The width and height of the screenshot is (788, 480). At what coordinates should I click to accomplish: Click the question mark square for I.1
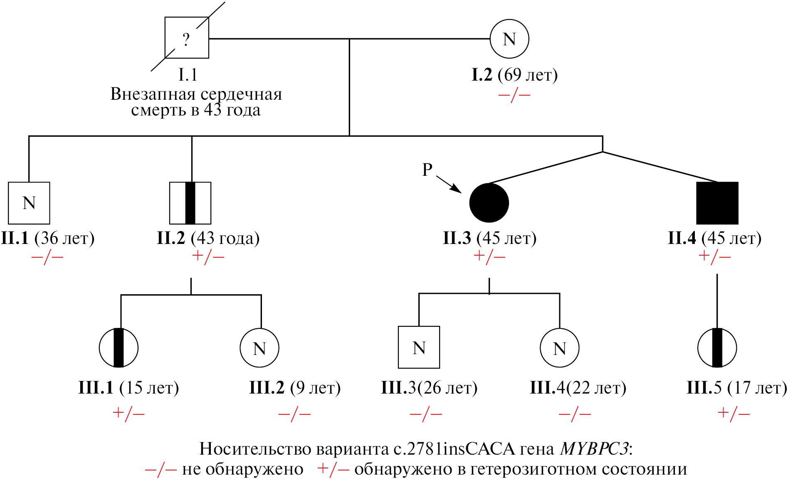(x=187, y=38)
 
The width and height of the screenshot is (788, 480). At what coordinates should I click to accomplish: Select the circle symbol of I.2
(x=509, y=39)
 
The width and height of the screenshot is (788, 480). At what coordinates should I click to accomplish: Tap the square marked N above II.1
(x=29, y=203)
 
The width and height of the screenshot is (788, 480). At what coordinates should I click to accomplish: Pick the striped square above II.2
(x=190, y=203)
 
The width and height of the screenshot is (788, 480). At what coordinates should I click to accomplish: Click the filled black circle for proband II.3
(x=489, y=203)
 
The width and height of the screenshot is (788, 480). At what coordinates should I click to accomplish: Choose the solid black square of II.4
(x=717, y=203)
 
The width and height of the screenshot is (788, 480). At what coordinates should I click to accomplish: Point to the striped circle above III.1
(x=119, y=348)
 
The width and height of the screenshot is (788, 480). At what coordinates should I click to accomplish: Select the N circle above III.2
(x=259, y=348)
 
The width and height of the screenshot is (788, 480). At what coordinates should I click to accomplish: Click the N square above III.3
(x=419, y=347)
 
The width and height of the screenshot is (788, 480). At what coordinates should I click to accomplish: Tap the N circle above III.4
(x=559, y=348)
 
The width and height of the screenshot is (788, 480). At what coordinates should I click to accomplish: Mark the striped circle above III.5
(x=717, y=348)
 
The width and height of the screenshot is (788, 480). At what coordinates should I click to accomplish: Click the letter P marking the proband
(x=427, y=170)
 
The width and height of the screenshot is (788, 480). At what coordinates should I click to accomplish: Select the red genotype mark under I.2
(x=514, y=95)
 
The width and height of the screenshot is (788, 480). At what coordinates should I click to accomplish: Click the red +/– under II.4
(x=714, y=256)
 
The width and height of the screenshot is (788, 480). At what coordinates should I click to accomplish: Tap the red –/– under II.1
(x=47, y=257)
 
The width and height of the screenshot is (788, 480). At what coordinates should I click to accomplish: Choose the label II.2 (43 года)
(x=208, y=238)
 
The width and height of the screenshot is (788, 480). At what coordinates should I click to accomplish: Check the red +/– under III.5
(x=734, y=413)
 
